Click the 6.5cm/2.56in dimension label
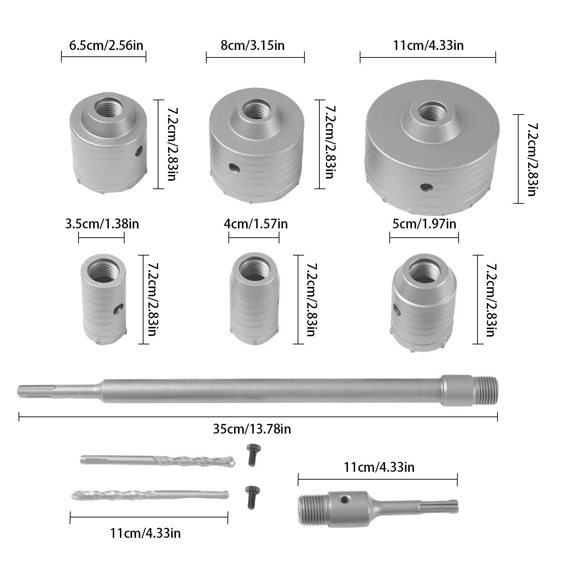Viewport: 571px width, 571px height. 106,45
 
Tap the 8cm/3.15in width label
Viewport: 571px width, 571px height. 253,45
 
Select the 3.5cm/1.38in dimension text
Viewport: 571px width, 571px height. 102,224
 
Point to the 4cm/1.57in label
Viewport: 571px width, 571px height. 256,224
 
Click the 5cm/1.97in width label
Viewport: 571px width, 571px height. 424,224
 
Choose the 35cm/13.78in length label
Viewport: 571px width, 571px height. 252,429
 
